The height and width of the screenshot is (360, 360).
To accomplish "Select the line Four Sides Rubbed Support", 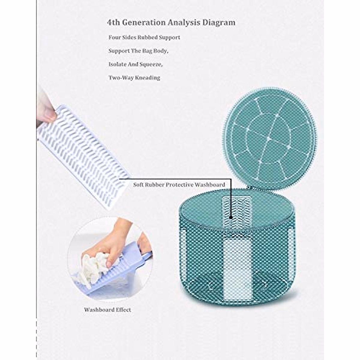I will click(144, 37).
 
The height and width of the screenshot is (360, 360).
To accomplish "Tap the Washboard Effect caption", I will click(107, 310).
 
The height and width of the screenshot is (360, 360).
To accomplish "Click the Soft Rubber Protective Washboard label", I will click(179, 185).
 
